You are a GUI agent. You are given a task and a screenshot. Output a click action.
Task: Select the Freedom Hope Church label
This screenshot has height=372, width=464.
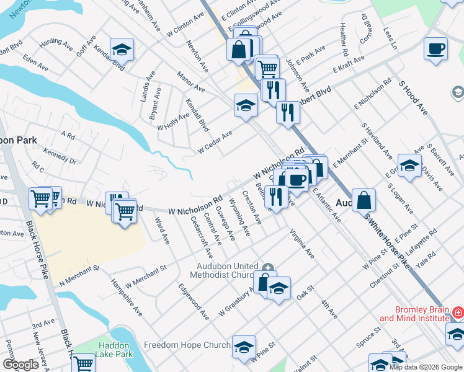point(187,345)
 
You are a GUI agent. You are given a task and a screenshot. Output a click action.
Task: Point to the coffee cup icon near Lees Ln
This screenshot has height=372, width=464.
point(436,50)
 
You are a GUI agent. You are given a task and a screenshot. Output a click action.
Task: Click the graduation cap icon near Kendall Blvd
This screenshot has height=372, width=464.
point(122,50)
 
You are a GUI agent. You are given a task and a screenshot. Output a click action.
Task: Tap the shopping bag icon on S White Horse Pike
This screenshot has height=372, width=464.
point(365,201)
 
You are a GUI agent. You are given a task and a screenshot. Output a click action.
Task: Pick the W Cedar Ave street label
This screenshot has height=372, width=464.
point(215,142)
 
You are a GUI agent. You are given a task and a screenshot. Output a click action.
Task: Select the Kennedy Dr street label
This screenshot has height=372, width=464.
point(60,156)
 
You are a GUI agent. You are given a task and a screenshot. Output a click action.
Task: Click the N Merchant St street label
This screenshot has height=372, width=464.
point(79,276)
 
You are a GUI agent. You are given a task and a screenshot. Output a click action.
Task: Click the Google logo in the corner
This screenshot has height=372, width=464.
point(20,365)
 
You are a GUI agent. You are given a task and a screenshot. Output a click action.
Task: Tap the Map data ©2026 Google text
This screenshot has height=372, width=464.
point(425,367)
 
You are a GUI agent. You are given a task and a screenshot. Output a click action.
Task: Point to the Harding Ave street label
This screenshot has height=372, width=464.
point(56,43)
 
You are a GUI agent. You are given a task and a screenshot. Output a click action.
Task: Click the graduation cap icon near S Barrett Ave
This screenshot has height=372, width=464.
point(409,166)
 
